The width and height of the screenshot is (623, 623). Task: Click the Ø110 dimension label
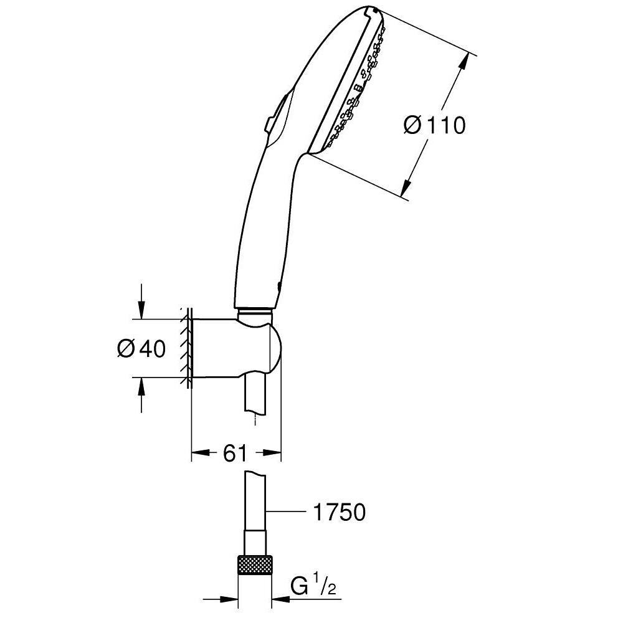point(434,126)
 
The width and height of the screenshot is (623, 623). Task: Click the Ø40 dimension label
point(141,349)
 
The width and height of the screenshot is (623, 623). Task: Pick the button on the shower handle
point(275,115)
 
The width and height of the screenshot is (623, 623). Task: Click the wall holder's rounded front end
point(274,350)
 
